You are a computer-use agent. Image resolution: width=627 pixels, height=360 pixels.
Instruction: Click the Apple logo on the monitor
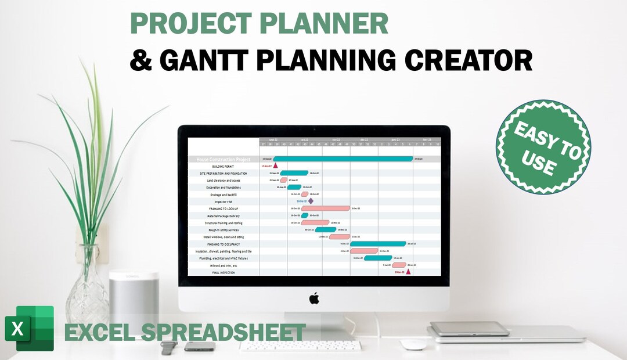coord(313,298)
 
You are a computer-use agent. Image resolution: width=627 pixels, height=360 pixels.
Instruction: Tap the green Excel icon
coord(29,328)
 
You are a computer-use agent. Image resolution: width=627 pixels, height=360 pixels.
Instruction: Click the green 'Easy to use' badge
coord(543,146)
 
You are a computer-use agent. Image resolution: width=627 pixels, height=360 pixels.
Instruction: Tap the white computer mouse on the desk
coord(413,344)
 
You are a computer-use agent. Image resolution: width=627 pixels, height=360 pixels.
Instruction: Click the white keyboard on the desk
coord(301,345)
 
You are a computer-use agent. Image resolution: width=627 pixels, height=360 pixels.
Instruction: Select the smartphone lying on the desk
coord(199,346)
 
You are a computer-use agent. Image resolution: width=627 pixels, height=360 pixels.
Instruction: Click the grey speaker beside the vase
coord(134,302)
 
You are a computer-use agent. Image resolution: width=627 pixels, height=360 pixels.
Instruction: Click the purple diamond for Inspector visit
coord(311,201)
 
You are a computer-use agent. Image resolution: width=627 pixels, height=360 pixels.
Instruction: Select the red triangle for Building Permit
coord(275,166)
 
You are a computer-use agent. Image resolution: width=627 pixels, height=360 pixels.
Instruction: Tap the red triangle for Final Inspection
coord(408,271)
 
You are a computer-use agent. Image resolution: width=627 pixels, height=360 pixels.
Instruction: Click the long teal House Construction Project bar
coord(343,159)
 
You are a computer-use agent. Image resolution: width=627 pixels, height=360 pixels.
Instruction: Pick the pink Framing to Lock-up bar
coord(325,208)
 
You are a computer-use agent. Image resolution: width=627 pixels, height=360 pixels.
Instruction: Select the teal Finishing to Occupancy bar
coord(378,244)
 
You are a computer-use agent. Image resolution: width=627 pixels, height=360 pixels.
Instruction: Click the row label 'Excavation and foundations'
coord(223,187)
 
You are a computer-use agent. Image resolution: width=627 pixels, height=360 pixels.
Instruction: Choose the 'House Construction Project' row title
coord(223,159)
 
